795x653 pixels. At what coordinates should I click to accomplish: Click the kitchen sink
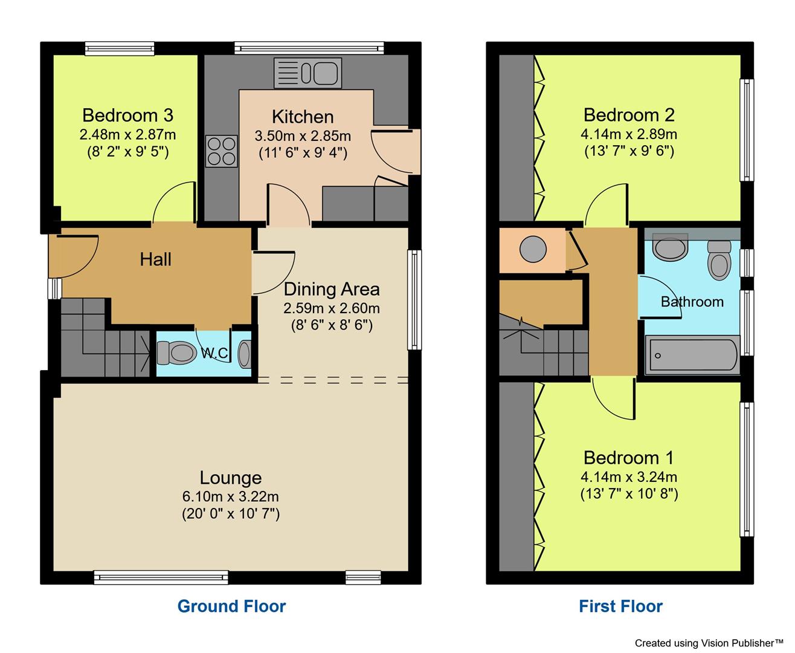pyautogui.click(x=308, y=73)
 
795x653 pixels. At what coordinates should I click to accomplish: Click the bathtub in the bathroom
pyautogui.click(x=692, y=356)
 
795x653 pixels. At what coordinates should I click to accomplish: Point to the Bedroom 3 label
pyautogui.click(x=127, y=115)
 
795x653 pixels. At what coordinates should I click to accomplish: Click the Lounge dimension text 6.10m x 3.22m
pyautogui.click(x=230, y=496)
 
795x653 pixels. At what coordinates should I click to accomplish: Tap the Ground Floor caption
pyautogui.click(x=231, y=606)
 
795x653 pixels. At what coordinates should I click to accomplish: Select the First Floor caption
pyautogui.click(x=620, y=606)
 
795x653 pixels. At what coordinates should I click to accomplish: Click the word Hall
pyautogui.click(x=155, y=259)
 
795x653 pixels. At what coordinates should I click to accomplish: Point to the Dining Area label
pyautogui.click(x=332, y=288)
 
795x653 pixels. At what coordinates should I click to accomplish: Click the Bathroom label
pyautogui.click(x=692, y=301)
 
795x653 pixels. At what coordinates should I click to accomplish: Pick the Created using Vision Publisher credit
pyautogui.click(x=708, y=643)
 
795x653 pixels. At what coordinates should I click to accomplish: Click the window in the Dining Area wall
pyautogui.click(x=414, y=301)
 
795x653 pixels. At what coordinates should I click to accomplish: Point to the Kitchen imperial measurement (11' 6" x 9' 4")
pyautogui.click(x=303, y=152)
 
